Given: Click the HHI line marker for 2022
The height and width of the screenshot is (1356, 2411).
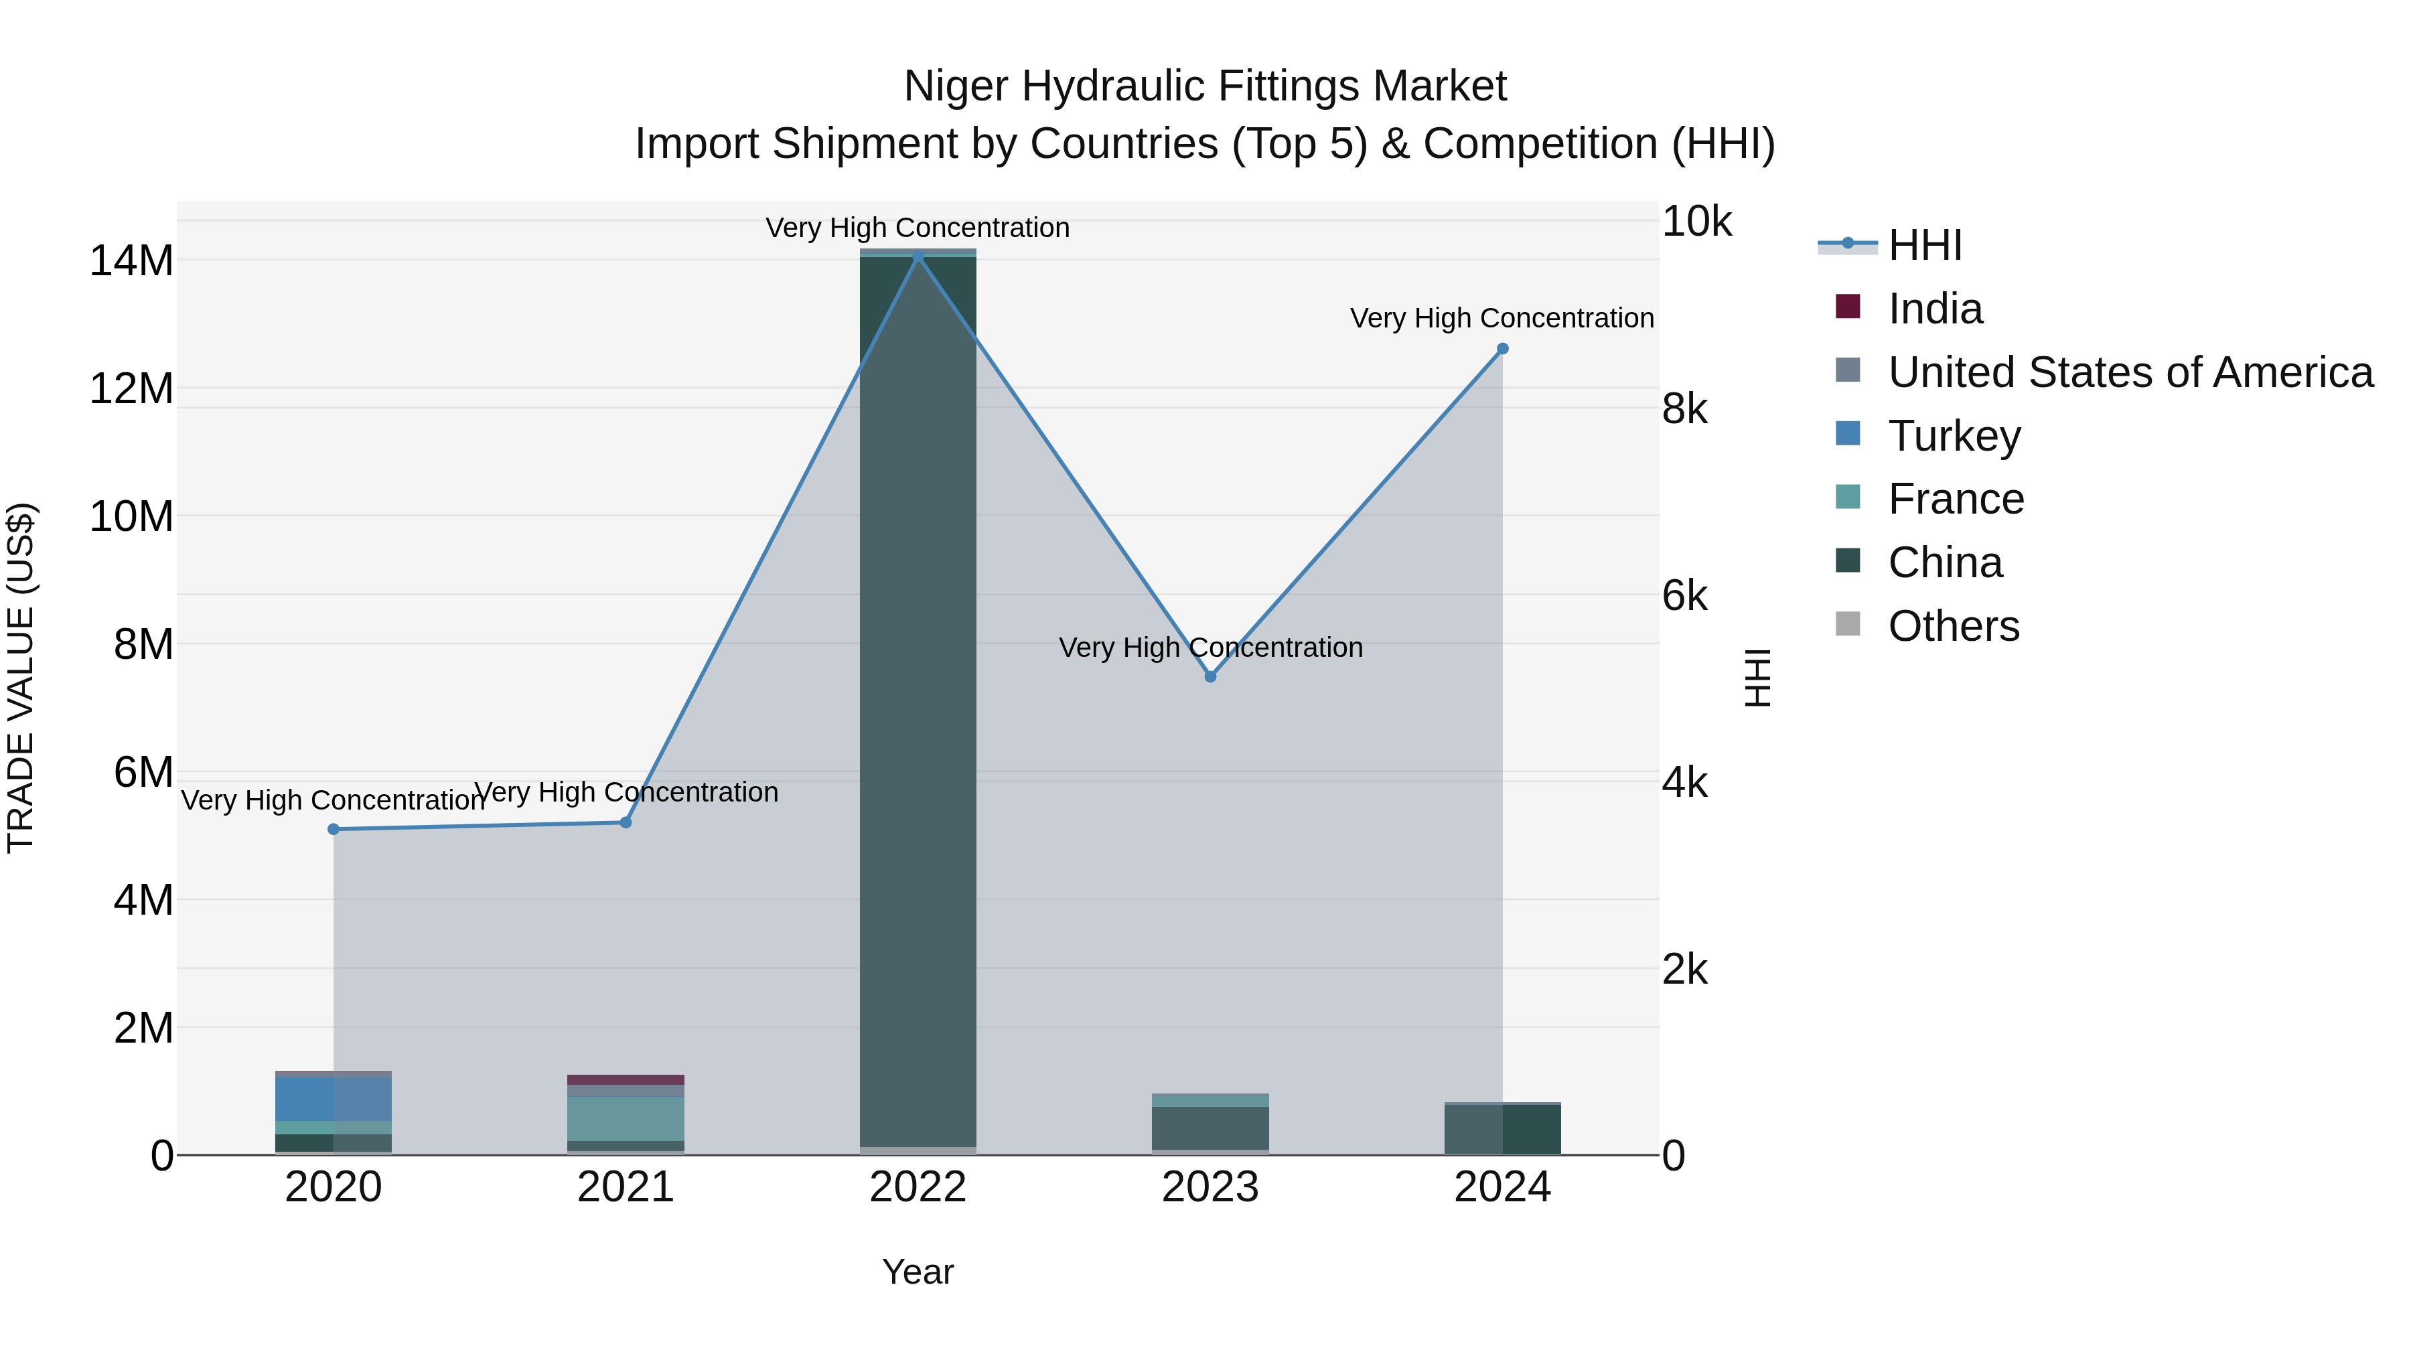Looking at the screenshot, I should [918, 256].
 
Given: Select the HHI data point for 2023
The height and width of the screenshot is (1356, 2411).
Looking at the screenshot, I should [1210, 676].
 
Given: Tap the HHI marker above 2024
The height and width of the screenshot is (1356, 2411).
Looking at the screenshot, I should [1502, 348].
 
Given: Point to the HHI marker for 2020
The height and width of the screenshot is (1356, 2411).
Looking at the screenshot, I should [334, 829].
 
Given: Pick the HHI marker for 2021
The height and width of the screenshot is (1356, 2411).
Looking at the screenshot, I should [626, 822].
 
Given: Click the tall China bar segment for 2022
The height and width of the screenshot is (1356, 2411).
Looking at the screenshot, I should [918, 702].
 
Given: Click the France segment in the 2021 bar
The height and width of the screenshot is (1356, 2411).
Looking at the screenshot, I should [626, 1118].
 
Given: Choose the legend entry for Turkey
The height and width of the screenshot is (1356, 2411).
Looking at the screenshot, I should [1954, 436].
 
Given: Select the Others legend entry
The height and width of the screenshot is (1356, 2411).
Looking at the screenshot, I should [1954, 626].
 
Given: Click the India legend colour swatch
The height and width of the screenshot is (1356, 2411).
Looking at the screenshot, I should [1848, 307].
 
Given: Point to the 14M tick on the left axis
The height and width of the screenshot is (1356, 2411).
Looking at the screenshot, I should [131, 260].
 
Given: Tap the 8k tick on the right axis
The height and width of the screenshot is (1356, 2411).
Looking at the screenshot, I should [1685, 409].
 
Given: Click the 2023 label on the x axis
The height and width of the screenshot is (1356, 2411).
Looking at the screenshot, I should [1210, 1187].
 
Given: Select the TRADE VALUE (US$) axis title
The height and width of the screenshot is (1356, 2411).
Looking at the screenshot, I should [21, 678].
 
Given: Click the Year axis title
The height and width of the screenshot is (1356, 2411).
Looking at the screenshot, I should [918, 1272].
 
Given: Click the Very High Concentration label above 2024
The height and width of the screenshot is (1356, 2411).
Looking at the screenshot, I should [1502, 318].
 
